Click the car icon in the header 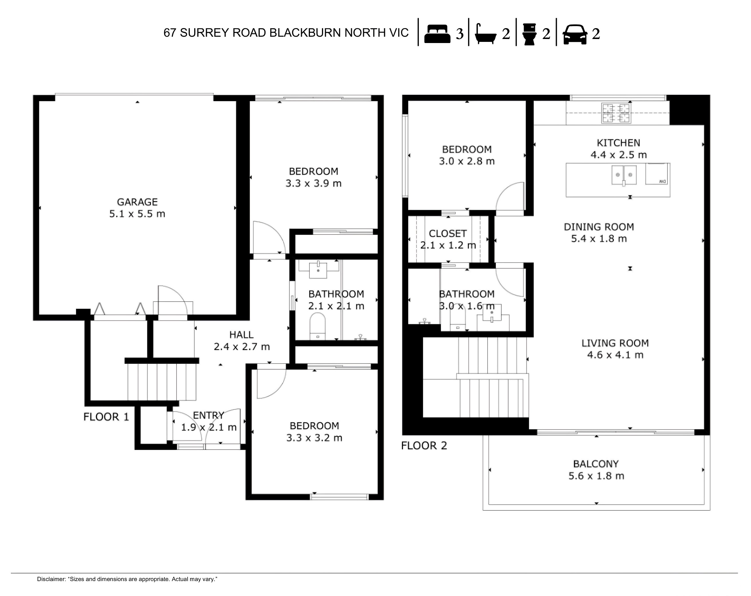pos(575,34)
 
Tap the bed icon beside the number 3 pos(437,34)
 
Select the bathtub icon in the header pos(485,34)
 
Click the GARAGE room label pos(137,202)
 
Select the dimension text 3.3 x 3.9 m pos(314,184)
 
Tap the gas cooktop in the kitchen pos(616,113)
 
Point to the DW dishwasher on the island pos(656,174)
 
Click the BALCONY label pos(596,464)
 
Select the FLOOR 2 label pos(424,446)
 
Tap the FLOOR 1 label pos(106,417)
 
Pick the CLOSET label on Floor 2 pos(448,233)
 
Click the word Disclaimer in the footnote pos(51,579)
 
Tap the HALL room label pos(241,335)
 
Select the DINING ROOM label pos(598,227)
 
